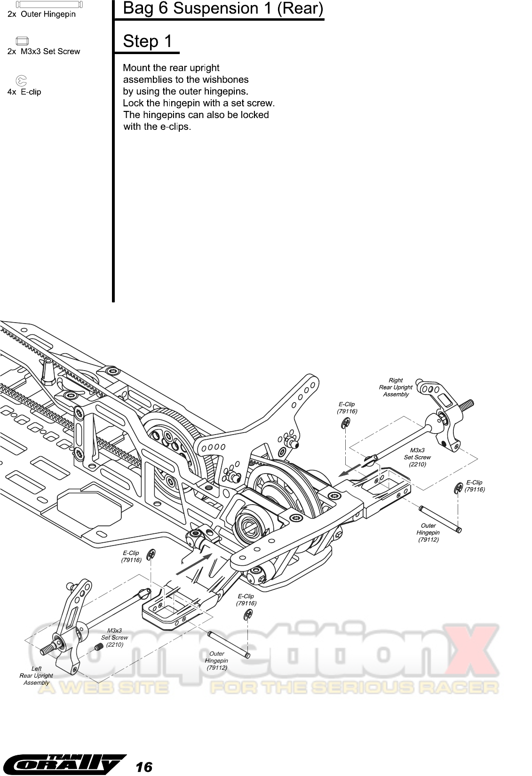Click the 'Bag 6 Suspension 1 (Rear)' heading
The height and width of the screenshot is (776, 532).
pyautogui.click(x=222, y=8)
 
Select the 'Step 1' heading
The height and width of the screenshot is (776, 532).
pyautogui.click(x=147, y=41)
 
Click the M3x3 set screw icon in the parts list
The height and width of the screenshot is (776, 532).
pyautogui.click(x=23, y=40)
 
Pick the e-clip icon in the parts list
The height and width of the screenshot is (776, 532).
pyautogui.click(x=22, y=80)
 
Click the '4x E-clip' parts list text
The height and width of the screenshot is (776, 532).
pyautogui.click(x=24, y=92)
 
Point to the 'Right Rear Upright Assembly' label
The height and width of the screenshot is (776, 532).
pyautogui.click(x=396, y=387)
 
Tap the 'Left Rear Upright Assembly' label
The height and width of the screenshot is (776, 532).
pyautogui.click(x=36, y=675)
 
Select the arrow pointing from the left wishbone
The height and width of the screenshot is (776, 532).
pyautogui.click(x=193, y=563)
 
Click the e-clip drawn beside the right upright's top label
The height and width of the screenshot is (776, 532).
pyautogui.click(x=345, y=424)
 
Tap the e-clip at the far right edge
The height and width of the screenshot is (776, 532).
pyautogui.click(x=458, y=489)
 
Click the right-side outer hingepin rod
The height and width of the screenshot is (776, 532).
pyautogui.click(x=440, y=519)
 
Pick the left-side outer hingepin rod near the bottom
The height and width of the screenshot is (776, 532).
pyautogui.click(x=229, y=644)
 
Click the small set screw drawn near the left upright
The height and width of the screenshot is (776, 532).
pyautogui.click(x=98, y=647)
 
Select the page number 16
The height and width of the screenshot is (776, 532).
pyautogui.click(x=144, y=767)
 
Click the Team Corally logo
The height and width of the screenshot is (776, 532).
pyautogui.click(x=64, y=765)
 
